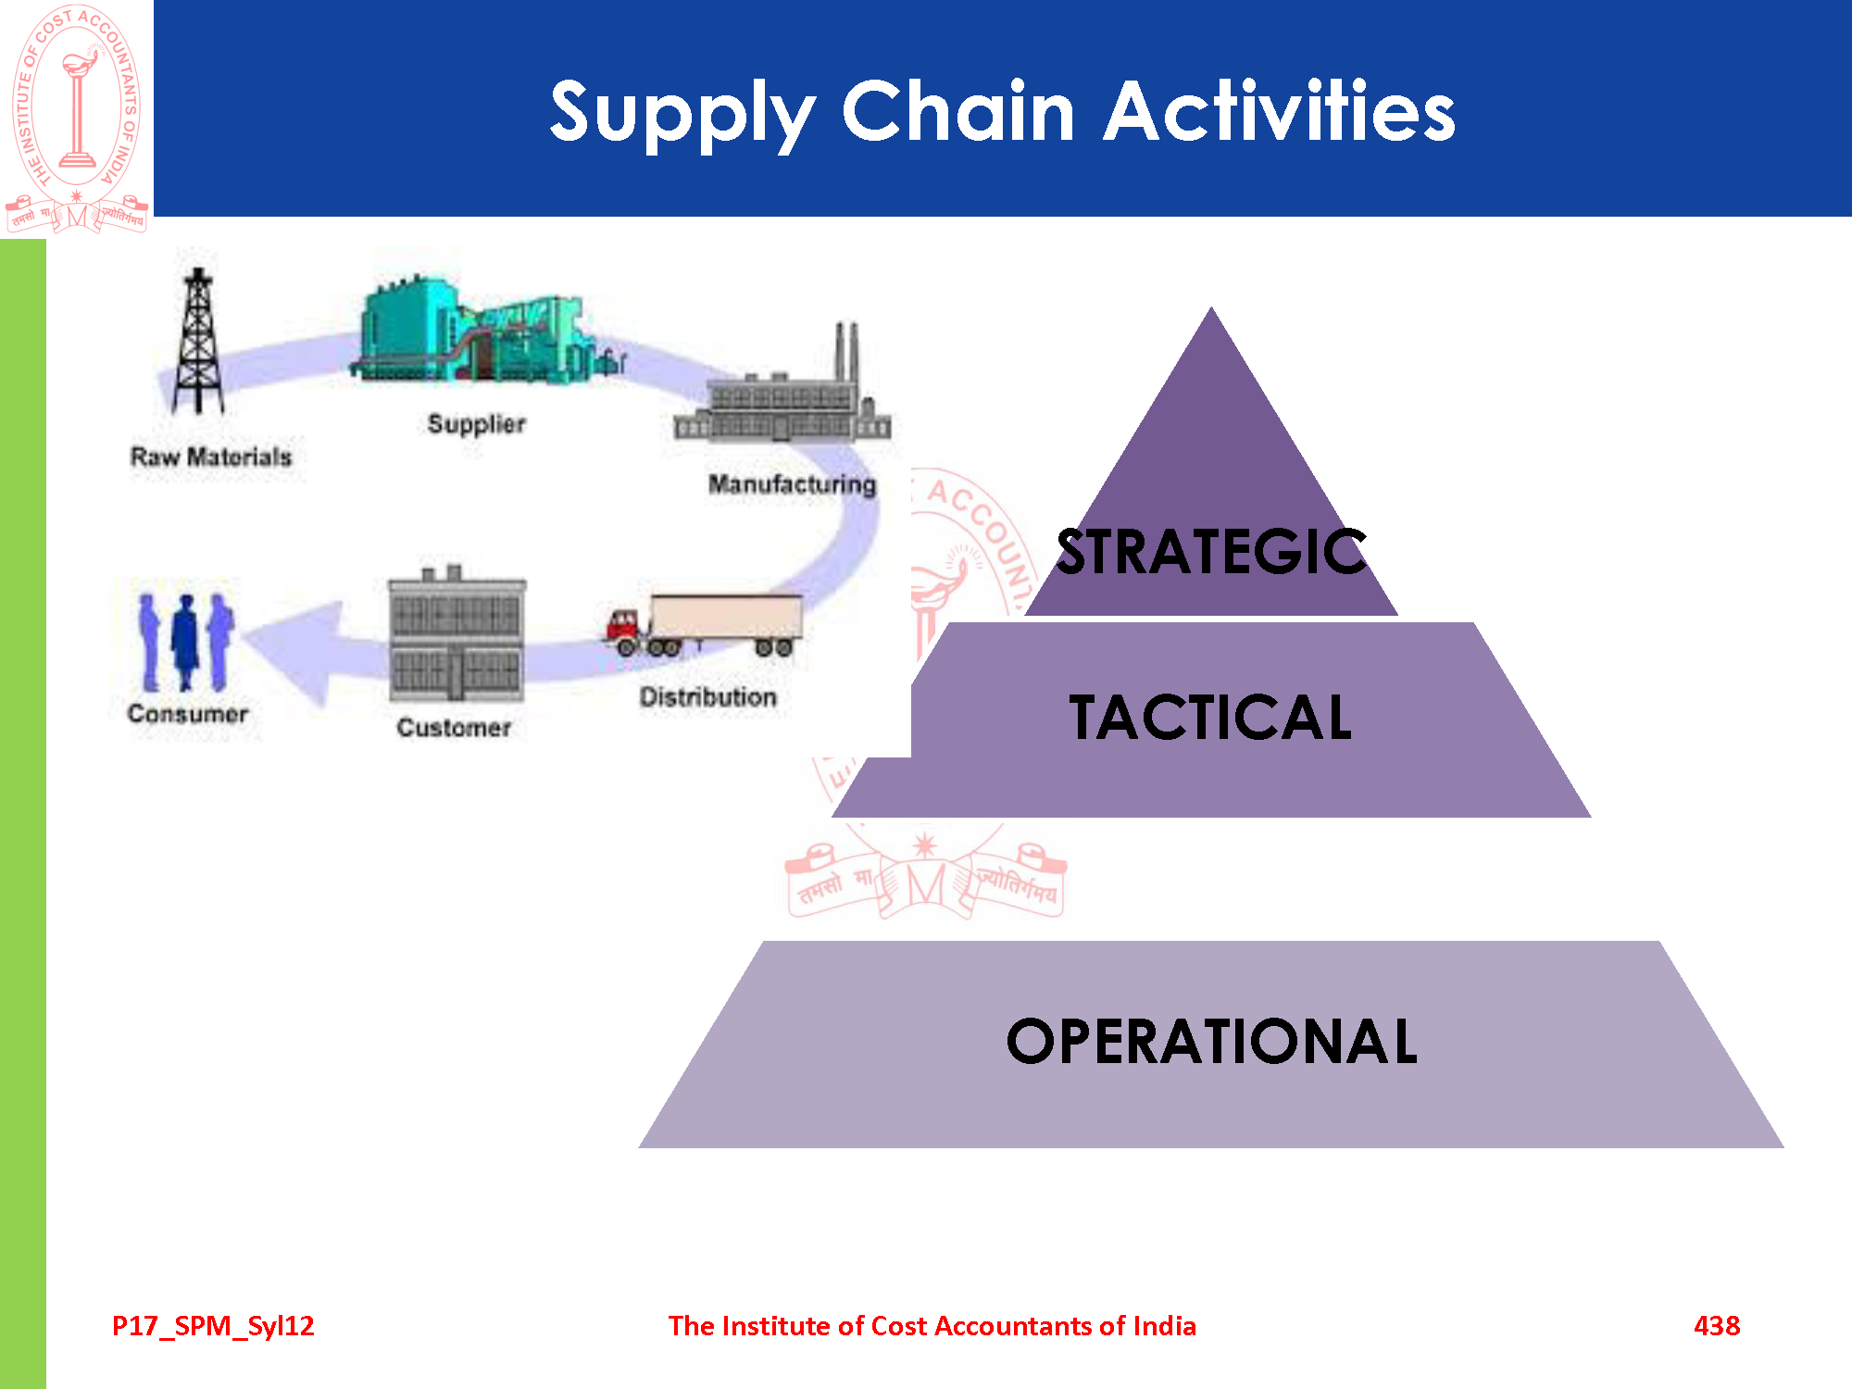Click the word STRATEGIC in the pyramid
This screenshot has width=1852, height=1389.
(x=1211, y=553)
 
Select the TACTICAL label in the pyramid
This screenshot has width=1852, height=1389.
(x=1210, y=718)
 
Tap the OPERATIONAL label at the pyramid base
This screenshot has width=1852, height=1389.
(x=1211, y=1042)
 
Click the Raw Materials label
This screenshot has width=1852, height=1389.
(x=211, y=457)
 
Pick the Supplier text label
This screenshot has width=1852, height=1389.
(x=476, y=424)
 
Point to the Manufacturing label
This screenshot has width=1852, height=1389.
(x=792, y=484)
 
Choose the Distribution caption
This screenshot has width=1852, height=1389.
(x=707, y=697)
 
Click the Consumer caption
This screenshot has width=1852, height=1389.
(x=188, y=714)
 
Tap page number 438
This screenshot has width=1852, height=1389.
(x=1717, y=1325)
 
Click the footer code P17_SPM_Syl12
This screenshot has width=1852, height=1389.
(x=213, y=1325)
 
